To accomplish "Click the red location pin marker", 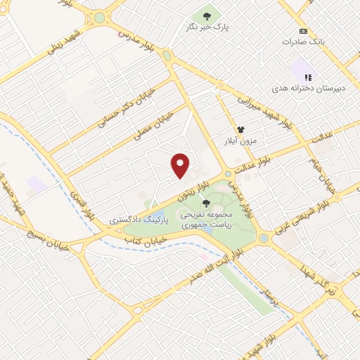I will pyautogui.click(x=181, y=165).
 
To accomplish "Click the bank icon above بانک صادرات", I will pyautogui.click(x=303, y=32).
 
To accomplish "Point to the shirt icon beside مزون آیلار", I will pyautogui.click(x=240, y=130).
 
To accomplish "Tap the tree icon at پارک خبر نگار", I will pyautogui.click(x=207, y=15).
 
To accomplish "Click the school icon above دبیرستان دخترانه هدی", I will pyautogui.click(x=308, y=77).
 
